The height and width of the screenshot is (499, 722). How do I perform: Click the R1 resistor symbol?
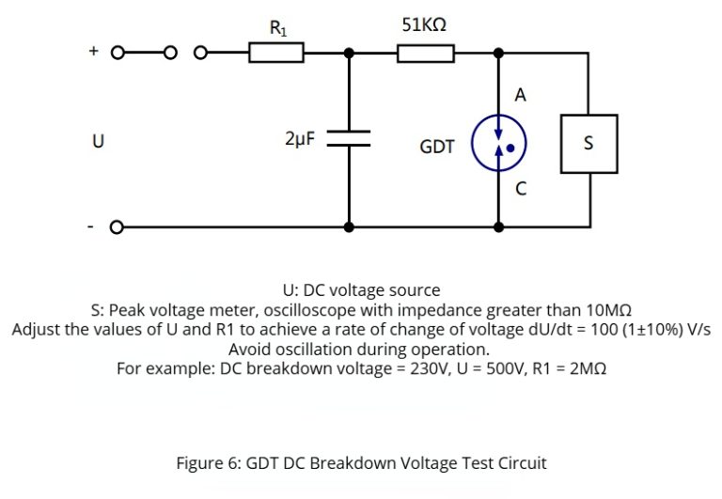coord(276,54)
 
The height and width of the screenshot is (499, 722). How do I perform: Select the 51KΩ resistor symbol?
coord(426,54)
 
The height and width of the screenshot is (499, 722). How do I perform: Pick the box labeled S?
coord(589,144)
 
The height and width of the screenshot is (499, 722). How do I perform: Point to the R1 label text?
coord(278,28)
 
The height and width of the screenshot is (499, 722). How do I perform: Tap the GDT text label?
coord(437,147)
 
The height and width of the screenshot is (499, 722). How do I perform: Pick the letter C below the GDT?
coord(520,189)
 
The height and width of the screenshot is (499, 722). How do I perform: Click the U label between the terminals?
coord(97,142)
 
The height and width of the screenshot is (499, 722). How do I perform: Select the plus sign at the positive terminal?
coord(94,53)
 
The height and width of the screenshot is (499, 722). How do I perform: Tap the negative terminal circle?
coord(118,227)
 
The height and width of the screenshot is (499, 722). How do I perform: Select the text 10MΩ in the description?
coord(604,309)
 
